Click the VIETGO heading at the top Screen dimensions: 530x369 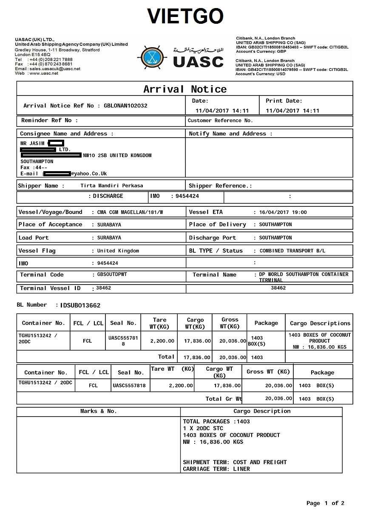[185, 17]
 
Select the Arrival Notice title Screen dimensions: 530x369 [184, 89]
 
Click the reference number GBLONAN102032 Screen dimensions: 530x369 [125, 106]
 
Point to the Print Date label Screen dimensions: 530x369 [284, 101]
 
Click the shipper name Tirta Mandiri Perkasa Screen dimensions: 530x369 [111, 186]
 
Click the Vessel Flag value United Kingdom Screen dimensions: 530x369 [118, 251]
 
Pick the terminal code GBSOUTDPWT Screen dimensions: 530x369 [112, 274]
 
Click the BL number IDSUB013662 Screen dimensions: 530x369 [80, 305]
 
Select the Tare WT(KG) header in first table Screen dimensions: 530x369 [159, 323]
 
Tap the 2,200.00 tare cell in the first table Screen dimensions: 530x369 [162, 341]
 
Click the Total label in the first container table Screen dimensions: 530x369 [166, 357]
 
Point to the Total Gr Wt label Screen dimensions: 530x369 [224, 399]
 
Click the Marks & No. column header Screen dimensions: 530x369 [98, 411]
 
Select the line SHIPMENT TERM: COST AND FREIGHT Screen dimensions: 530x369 [235, 462]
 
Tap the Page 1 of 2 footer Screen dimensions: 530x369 [325, 503]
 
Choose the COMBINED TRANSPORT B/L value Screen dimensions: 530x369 [292, 251]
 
